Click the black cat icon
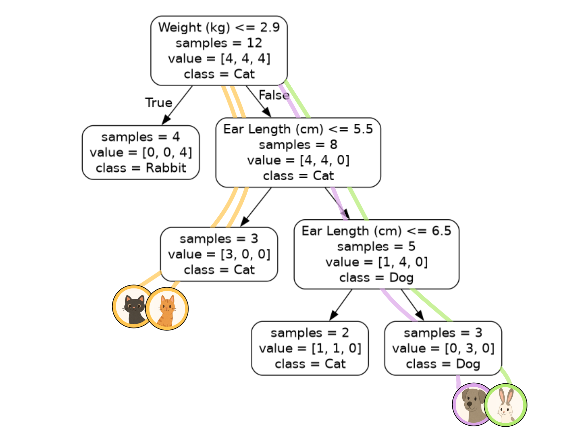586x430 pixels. (133, 306)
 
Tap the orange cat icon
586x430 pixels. (167, 309)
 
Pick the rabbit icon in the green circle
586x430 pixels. (506, 405)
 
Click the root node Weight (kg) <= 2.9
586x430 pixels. (219, 51)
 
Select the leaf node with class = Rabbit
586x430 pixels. (141, 152)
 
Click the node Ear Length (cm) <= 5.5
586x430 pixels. (298, 152)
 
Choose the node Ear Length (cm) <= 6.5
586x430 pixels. (376, 254)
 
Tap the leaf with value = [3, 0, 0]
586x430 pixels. (219, 254)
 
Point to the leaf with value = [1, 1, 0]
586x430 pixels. (310, 348)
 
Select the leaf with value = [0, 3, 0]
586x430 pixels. (443, 348)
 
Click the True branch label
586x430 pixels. (159, 103)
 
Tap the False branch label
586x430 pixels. (274, 95)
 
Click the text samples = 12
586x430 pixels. (219, 43)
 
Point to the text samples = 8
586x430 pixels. (298, 145)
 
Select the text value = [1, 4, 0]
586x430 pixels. (376, 262)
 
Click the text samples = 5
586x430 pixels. (376, 246)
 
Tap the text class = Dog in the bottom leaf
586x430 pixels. (443, 364)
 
